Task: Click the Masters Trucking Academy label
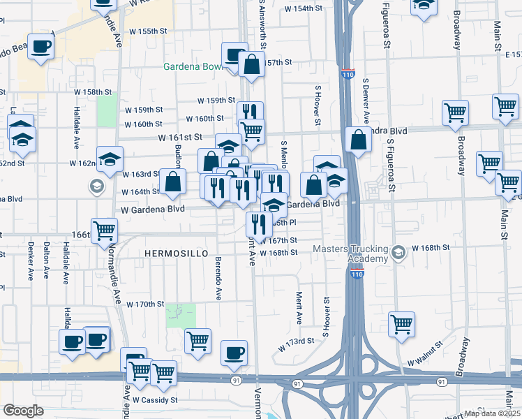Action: tap(350, 254)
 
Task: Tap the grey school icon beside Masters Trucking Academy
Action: tap(398, 251)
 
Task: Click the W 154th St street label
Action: tap(304, 9)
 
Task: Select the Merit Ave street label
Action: tap(299, 308)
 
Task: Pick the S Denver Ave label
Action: tap(365, 101)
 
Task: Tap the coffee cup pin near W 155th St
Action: tap(40, 46)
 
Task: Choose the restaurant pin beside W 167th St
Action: tap(258, 224)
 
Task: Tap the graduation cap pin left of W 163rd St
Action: tap(110, 159)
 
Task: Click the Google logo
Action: tap(24, 410)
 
